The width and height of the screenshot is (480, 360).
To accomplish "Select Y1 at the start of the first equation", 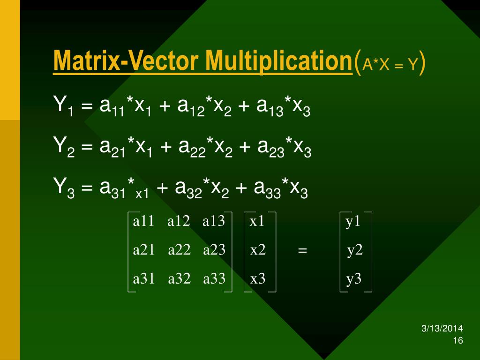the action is [x=63, y=105].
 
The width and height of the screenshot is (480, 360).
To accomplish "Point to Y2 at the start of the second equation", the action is [x=64, y=146].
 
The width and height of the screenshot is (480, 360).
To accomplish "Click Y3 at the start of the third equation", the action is [x=64, y=187].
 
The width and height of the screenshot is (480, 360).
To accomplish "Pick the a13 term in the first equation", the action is [x=270, y=107].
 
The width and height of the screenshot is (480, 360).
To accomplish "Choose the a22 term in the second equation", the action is [x=192, y=148].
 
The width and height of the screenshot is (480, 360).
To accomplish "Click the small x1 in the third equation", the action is [x=142, y=194].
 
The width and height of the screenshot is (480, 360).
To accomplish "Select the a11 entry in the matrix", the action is [x=143, y=221].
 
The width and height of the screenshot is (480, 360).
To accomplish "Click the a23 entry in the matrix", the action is [x=214, y=250].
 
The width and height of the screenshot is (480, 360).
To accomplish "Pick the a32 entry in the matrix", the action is [x=179, y=278].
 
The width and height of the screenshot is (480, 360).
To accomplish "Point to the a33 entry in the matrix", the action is [x=214, y=278].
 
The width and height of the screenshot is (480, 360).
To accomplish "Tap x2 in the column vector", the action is [x=258, y=250].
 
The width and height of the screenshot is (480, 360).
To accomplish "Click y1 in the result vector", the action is [x=353, y=222].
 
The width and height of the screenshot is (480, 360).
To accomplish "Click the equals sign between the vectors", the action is [x=302, y=250].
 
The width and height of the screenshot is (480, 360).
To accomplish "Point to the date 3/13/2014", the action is [x=442, y=329].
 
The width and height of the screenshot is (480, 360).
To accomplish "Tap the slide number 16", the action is [x=458, y=340].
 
